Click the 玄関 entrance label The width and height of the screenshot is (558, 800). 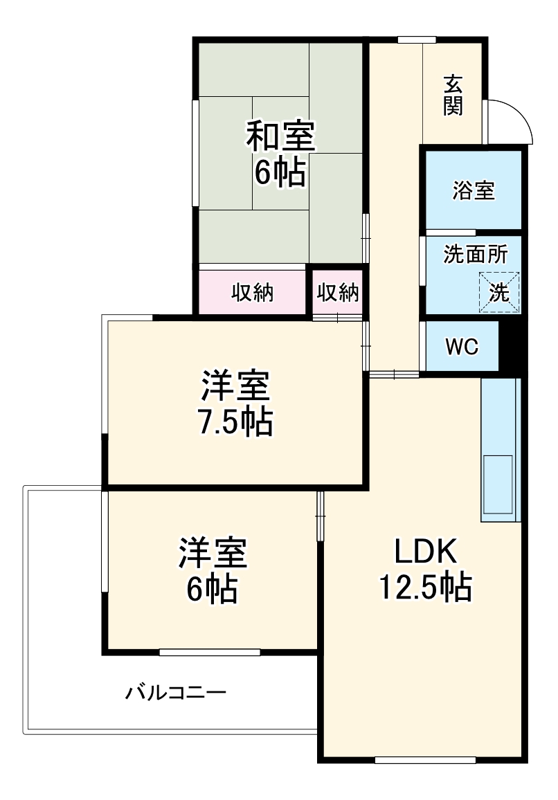tap(453, 95)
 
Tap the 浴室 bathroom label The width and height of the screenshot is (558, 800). tap(474, 191)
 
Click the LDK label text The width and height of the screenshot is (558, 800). tap(425, 552)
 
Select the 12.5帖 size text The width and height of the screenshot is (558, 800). tap(425, 588)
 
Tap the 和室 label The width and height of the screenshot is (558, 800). tap(280, 136)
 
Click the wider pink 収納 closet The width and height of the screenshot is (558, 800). tap(252, 293)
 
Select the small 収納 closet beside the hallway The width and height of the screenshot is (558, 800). tap(338, 293)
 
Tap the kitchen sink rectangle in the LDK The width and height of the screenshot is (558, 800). tap(498, 484)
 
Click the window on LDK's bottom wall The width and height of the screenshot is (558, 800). tap(425, 760)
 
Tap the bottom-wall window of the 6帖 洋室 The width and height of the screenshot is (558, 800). tap(210, 652)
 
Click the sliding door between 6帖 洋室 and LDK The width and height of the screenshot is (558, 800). tap(321, 516)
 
